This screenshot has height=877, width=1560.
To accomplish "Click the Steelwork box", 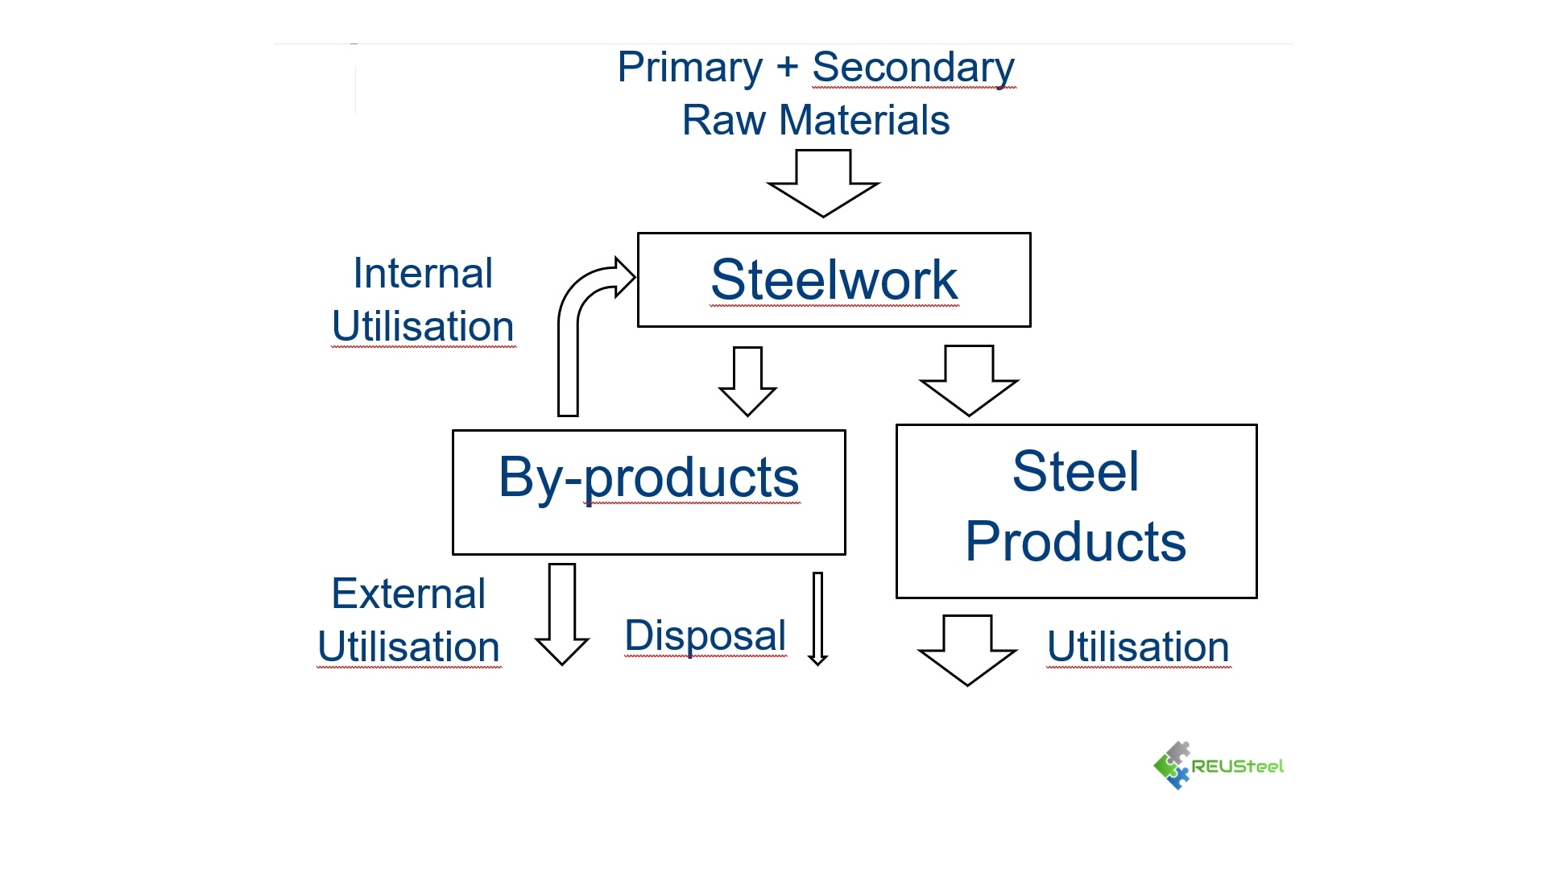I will click(834, 279).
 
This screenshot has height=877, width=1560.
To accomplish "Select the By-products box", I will click(648, 491).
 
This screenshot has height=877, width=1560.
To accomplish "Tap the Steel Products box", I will click(1076, 511).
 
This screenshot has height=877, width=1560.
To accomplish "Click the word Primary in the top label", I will click(689, 68).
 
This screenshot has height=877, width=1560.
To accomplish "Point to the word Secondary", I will click(912, 68).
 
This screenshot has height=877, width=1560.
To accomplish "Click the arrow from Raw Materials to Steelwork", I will click(823, 184).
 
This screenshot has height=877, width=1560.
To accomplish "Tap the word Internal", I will click(423, 274).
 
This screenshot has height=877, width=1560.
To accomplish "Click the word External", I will click(408, 594).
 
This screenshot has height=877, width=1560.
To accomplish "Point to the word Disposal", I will click(705, 636).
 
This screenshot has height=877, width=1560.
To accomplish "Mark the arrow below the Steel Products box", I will click(967, 649).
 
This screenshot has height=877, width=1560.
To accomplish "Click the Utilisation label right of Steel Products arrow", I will click(1138, 647).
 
